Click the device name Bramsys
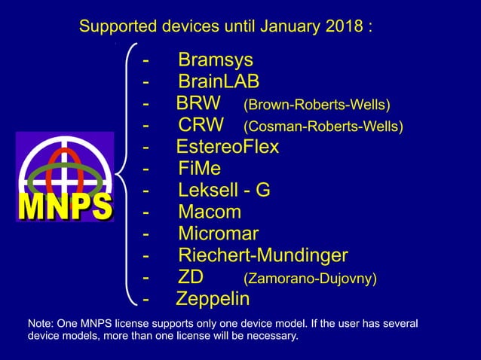click(x=216, y=60)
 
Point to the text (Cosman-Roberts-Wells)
click(x=323, y=126)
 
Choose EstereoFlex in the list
click(x=227, y=147)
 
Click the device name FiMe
click(x=200, y=169)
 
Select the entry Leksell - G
click(x=224, y=191)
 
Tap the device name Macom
click(x=210, y=212)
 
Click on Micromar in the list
click(x=218, y=234)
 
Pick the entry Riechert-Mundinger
click(x=262, y=256)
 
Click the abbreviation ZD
click(x=191, y=278)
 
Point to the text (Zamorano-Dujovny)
click(x=310, y=279)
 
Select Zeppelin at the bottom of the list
click(x=213, y=300)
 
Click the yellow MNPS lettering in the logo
click(x=64, y=206)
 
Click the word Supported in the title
click(x=116, y=28)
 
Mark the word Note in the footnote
click(x=39, y=324)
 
